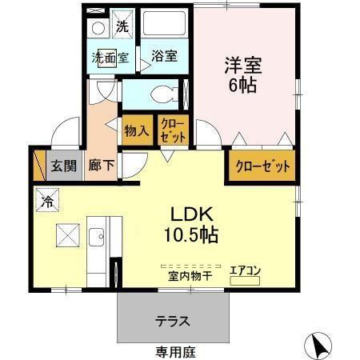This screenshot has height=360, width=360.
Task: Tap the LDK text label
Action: click(190, 214)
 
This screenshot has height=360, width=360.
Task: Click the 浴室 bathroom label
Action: click(164, 58)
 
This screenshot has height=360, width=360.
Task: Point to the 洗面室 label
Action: click(110, 58)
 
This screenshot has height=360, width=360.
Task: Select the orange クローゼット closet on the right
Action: click(262, 167)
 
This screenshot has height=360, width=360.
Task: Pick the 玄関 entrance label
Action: click(63, 166)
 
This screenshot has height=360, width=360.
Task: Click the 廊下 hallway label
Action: click(101, 166)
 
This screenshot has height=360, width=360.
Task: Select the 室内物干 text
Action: click(190, 276)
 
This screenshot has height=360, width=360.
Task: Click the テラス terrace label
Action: click(172, 321)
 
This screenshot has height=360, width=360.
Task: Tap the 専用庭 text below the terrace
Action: click(175, 351)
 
